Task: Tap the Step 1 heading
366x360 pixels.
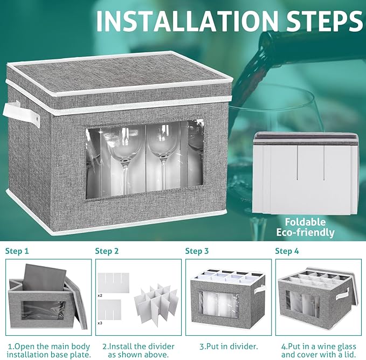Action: pos(17,251)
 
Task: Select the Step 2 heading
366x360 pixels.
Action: pos(107,251)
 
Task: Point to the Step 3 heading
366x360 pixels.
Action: pos(197,251)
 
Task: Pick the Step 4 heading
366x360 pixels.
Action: pos(287,251)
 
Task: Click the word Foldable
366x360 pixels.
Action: pos(305,222)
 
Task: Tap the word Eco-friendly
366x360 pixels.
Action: pos(305,233)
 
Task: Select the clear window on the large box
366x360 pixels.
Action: pos(144,160)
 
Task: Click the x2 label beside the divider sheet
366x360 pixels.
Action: pos(100,296)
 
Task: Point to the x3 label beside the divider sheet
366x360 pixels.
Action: pos(100,323)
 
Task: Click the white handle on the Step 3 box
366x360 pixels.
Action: pos(260,289)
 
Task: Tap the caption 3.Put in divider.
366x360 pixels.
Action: pos(229,347)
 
